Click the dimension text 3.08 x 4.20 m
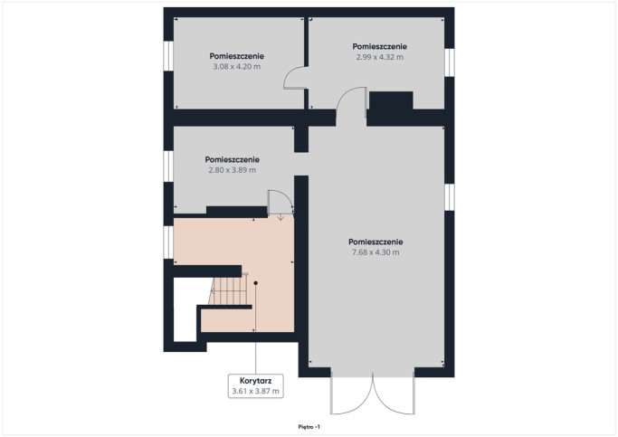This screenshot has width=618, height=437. (236, 67)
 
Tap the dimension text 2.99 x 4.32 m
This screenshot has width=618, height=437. (379, 57)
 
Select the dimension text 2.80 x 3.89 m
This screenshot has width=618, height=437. (233, 170)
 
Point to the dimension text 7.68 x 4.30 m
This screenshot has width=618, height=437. (376, 252)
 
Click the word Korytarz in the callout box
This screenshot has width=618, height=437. (255, 381)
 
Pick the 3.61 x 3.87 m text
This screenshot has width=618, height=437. (255, 391)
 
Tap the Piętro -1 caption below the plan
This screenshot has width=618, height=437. (309, 427)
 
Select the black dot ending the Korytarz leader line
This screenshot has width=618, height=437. (255, 283)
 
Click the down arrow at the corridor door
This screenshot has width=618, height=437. (280, 217)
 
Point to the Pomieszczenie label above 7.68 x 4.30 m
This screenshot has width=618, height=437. (376, 242)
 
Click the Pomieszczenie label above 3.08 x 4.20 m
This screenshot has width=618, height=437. (236, 56)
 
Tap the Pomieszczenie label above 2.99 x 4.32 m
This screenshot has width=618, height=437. (379, 46)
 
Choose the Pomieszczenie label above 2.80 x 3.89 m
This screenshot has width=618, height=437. (233, 159)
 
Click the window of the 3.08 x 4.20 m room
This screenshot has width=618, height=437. (168, 56)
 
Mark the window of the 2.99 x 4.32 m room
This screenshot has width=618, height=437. (450, 62)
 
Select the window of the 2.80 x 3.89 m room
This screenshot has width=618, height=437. (168, 166)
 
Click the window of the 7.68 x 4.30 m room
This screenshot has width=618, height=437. (450, 197)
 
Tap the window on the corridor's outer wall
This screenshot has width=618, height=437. (168, 242)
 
